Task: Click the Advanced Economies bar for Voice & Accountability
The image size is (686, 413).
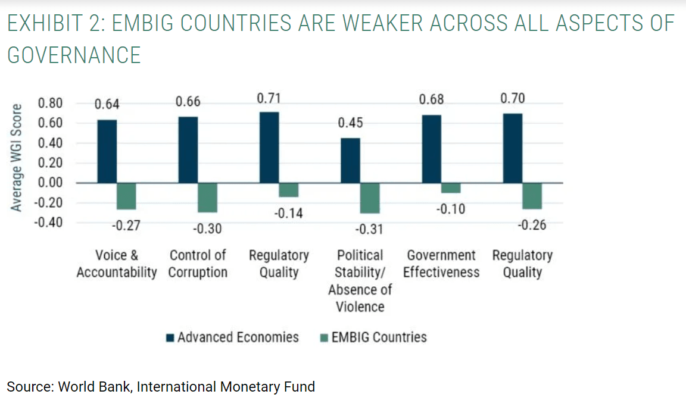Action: (107, 151)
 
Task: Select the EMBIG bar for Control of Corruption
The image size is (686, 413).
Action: (208, 198)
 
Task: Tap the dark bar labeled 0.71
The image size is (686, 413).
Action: (269, 148)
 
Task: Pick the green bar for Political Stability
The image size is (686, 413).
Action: (370, 198)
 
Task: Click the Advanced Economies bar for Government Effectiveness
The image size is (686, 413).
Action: (431, 149)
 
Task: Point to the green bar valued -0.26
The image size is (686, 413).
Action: (532, 196)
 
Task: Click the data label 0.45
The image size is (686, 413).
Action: (350, 123)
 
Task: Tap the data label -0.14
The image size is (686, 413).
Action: (288, 213)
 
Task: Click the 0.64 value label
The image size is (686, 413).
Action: (107, 105)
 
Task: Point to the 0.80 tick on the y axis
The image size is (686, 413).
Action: (50, 104)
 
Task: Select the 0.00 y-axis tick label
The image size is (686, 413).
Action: (50, 183)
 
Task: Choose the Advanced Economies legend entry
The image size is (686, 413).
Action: (233, 337)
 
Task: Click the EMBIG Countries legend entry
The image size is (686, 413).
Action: (374, 337)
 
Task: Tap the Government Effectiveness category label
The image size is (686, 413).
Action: (441, 264)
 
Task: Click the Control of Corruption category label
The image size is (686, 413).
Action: (198, 264)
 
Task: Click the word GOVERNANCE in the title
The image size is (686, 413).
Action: (74, 55)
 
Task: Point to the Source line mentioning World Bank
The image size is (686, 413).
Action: (161, 387)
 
